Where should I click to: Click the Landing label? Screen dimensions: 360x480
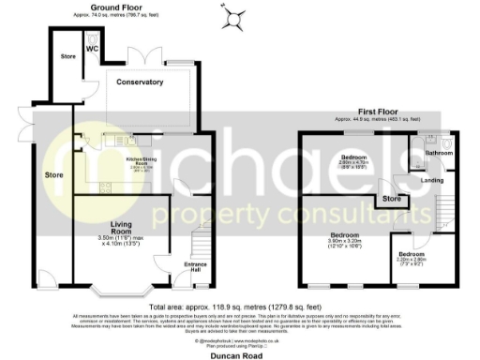[432, 179]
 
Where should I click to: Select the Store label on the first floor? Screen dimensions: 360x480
[391, 199]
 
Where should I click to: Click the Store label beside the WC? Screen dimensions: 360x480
[67, 56]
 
